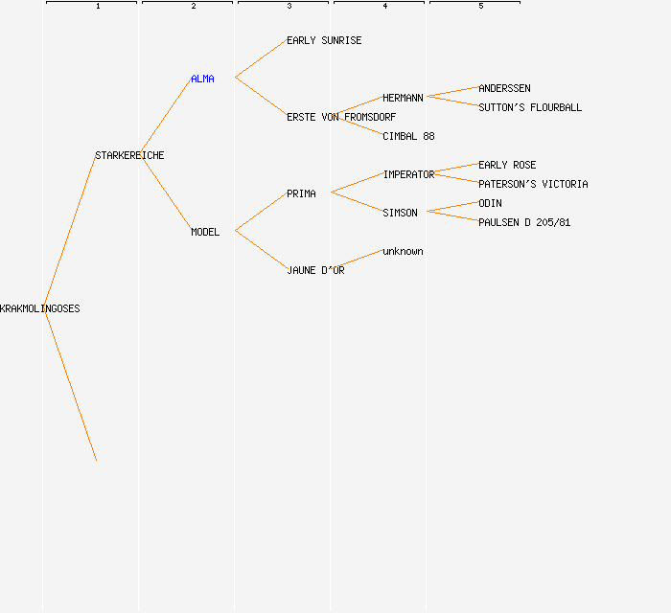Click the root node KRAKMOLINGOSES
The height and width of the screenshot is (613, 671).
40,309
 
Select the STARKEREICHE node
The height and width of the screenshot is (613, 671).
129,156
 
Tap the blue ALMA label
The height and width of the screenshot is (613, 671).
202,79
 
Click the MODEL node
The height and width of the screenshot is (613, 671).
205,233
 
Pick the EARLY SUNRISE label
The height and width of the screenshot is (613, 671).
324,41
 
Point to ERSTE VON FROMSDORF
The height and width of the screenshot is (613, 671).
341,118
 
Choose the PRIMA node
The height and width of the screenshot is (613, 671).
301,194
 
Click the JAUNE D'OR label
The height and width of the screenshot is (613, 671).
315,271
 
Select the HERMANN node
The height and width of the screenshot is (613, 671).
403,99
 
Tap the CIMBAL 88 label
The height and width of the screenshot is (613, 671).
408,137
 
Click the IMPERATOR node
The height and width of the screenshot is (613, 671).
408,175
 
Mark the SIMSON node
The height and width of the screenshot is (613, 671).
400,214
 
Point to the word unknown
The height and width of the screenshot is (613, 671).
403,252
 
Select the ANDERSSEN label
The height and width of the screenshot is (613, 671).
504,89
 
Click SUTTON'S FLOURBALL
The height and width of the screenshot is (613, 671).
530,108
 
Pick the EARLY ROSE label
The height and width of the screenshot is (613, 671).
507,166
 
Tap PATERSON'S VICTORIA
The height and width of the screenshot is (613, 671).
533,185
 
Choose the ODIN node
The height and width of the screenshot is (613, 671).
490,204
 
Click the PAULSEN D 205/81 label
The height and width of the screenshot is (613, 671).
524,223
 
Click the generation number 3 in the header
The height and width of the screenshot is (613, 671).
289,7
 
